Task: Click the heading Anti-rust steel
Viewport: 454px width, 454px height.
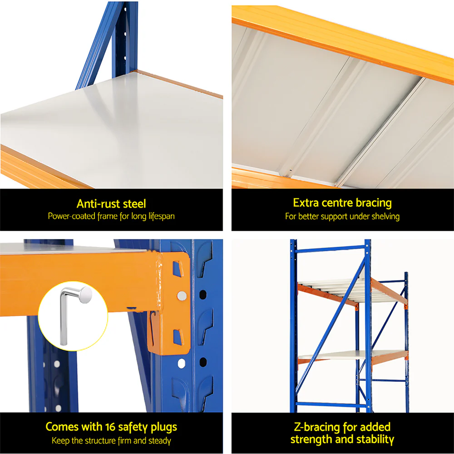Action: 111,204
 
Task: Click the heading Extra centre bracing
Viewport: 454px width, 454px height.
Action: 342,202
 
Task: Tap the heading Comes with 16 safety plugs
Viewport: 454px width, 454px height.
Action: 111,427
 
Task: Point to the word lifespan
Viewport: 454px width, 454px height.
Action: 159,216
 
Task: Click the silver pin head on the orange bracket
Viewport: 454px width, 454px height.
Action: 182,296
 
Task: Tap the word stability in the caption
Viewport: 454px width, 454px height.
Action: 372,439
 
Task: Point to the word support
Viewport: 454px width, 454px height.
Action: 336,217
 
